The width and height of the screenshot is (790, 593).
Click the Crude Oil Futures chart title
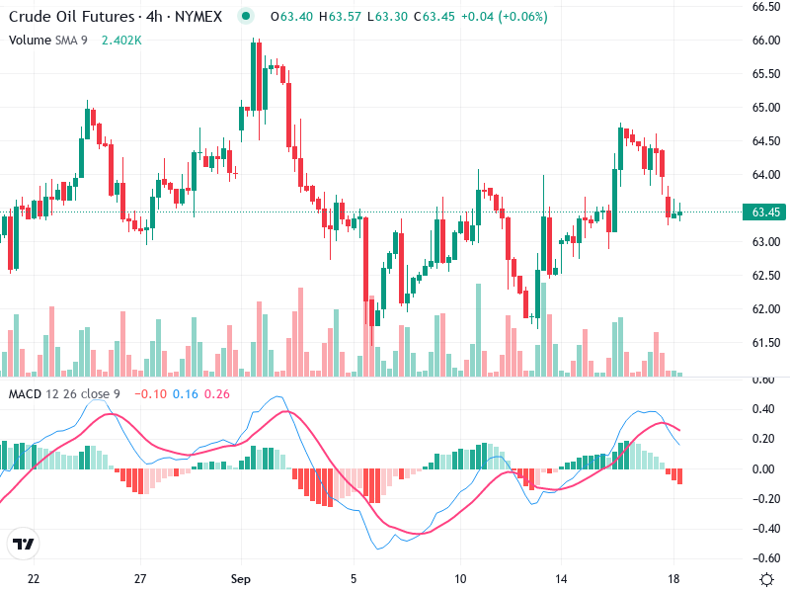click(69, 17)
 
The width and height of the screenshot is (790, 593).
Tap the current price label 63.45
click(766, 212)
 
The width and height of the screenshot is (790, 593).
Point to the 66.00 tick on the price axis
click(766, 41)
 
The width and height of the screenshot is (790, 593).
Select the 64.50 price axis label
click(766, 141)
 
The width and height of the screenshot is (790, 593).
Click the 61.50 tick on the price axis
click(766, 343)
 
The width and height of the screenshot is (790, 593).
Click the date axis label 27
click(140, 578)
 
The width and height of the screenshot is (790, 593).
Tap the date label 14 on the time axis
click(562, 578)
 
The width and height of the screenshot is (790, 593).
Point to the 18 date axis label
click(673, 578)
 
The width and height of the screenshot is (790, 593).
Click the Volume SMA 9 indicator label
click(48, 41)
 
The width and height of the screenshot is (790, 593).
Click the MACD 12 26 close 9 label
click(66, 394)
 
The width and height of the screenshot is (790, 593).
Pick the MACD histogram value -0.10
click(151, 394)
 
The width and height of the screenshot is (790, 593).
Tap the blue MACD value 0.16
click(186, 394)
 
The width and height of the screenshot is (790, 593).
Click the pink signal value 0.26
click(216, 394)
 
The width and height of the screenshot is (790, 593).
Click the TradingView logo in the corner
click(23, 544)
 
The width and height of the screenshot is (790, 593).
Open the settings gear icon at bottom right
click(766, 578)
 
